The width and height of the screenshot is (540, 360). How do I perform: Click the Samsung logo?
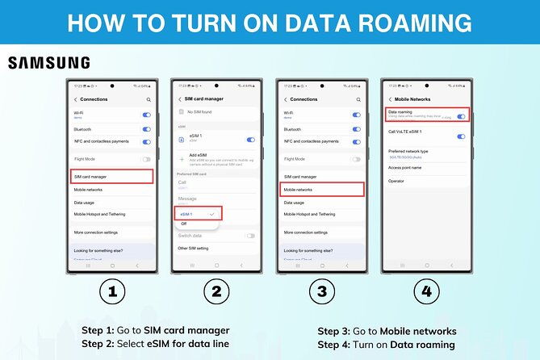click(x=49, y=63)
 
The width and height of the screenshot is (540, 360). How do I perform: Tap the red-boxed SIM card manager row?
click(x=110, y=176)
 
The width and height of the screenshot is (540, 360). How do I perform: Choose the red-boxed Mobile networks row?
click(x=321, y=190)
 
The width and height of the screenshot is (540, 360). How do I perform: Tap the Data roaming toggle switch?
click(x=461, y=116)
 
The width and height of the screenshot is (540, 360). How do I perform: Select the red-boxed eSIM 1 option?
click(x=198, y=213)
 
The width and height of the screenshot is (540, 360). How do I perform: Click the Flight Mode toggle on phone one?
click(x=146, y=160)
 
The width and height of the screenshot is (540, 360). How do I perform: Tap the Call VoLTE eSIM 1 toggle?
click(x=461, y=136)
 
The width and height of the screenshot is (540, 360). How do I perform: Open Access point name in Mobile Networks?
click(x=404, y=168)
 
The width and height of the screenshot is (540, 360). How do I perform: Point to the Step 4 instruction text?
click(x=386, y=344)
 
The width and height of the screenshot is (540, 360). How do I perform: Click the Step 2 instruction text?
click(x=154, y=344)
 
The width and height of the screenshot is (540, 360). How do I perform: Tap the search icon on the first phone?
click(x=148, y=99)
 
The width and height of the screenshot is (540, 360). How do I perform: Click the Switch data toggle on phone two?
click(x=250, y=236)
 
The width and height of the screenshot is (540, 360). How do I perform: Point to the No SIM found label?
click(x=200, y=112)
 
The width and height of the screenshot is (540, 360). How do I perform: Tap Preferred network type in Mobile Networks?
click(x=409, y=151)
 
